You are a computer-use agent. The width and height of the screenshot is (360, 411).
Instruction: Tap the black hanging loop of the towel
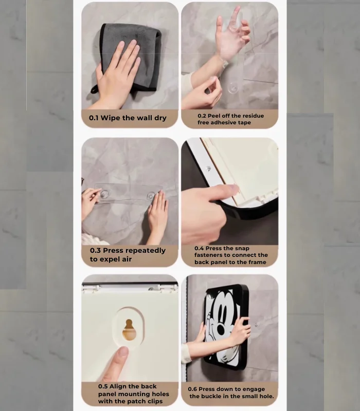(x=95, y=89)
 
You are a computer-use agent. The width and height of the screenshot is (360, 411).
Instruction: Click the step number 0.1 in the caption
(x=94, y=118)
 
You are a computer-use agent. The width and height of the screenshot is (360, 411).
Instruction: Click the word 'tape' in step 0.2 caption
(x=245, y=122)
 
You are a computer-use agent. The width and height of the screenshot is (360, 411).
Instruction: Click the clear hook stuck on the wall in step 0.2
(x=232, y=88)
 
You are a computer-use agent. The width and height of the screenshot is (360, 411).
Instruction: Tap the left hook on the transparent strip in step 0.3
(x=104, y=194)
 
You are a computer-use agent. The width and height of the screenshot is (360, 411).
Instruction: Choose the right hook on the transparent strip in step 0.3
(x=151, y=196)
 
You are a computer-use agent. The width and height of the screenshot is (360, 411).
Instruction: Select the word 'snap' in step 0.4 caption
(x=242, y=248)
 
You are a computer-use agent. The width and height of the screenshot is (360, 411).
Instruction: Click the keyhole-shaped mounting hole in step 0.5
(x=129, y=330)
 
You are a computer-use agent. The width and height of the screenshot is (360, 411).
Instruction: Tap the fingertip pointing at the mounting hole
(x=122, y=352)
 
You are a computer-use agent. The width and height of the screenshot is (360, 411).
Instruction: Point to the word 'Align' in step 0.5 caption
(x=118, y=386)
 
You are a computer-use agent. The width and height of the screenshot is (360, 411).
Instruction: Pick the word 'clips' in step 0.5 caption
(x=155, y=401)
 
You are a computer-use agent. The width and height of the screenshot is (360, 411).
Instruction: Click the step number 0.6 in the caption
(x=192, y=389)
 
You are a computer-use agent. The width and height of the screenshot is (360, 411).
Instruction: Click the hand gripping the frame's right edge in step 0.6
(x=240, y=331)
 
